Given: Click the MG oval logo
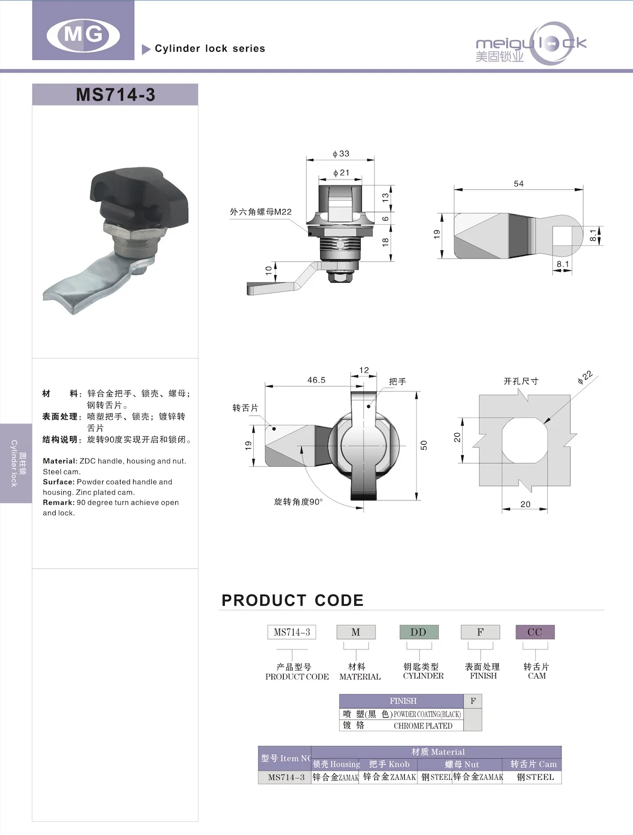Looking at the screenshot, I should pyautogui.click(x=83, y=34).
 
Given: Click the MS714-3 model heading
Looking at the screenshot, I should pyautogui.click(x=115, y=94).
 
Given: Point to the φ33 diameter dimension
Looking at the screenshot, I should pyautogui.click(x=341, y=154).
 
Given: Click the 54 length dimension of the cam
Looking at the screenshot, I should pyautogui.click(x=518, y=184).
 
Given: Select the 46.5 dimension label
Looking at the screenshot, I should pyautogui.click(x=316, y=380).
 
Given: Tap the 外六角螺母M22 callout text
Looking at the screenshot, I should pyautogui.click(x=260, y=212).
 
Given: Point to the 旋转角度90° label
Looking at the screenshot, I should pyautogui.click(x=298, y=502).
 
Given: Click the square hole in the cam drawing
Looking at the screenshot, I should pyautogui.click(x=563, y=237).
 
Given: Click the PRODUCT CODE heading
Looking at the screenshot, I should pyautogui.click(x=292, y=600).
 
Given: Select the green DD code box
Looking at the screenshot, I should pyautogui.click(x=419, y=632).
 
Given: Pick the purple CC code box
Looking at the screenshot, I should pyautogui.click(x=535, y=632).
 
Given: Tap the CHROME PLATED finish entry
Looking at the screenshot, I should pyautogui.click(x=423, y=726).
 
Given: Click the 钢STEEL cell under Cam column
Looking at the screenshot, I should pyautogui.click(x=535, y=777).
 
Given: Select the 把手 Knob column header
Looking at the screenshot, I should pyautogui.click(x=389, y=764).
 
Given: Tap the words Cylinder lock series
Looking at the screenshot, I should pyautogui.click(x=210, y=49).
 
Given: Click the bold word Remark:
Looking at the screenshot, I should pyautogui.click(x=58, y=503).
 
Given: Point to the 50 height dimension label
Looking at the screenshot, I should pyautogui.click(x=424, y=445).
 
